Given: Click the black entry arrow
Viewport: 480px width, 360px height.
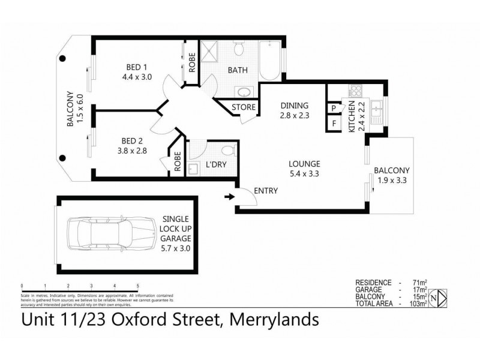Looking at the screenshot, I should [x=229, y=196].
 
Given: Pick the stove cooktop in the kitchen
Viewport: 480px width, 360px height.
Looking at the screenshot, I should [x=355, y=92].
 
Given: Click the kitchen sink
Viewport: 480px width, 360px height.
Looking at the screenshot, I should [x=378, y=109].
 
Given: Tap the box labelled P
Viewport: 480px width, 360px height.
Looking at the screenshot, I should [x=332, y=109].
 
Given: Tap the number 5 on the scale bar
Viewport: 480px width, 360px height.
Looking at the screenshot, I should [x=137, y=285].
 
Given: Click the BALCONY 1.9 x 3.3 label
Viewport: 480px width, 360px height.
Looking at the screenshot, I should [x=391, y=175].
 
